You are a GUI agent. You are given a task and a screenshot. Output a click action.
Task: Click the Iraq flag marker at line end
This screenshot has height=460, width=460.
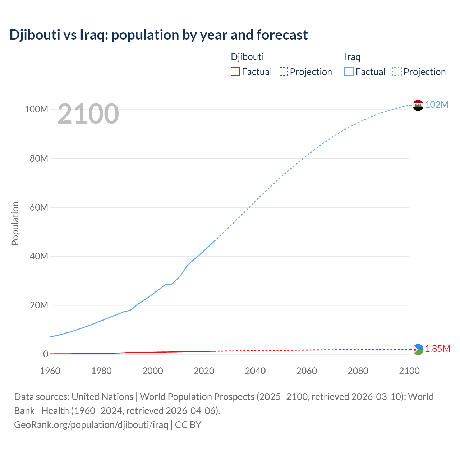tap(418, 105)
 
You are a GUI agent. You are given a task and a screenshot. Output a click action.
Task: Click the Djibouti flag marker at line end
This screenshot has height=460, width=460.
tap(418, 349)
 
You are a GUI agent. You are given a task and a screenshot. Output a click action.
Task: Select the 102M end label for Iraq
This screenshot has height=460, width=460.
tap(437, 105)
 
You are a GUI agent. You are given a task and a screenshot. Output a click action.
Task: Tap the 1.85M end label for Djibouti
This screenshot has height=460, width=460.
tap(438, 349)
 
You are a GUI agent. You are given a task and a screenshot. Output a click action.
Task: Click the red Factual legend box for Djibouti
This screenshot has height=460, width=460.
tap(235, 72)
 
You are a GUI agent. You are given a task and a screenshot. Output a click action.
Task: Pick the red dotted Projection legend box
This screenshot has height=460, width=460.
tap(283, 72)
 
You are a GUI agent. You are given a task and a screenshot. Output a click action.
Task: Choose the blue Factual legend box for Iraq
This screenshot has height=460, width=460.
tap(349, 72)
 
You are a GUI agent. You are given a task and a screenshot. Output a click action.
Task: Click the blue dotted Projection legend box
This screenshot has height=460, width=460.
tap(397, 72)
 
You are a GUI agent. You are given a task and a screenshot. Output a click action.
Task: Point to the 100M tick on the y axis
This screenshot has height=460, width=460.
tap(36, 109)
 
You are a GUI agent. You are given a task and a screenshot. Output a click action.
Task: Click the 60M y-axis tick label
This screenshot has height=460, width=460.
tap(39, 207)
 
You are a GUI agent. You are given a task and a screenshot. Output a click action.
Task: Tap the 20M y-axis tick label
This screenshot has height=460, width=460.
tap(39, 305)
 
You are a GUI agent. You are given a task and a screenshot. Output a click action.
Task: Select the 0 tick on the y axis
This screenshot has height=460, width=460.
tap(46, 354)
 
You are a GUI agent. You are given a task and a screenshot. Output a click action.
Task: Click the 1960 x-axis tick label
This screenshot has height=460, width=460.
tap(50, 371)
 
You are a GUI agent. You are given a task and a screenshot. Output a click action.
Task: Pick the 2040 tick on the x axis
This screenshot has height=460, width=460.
tap(255, 371)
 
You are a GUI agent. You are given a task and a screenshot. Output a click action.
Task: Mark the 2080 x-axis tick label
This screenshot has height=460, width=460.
tap(358, 371)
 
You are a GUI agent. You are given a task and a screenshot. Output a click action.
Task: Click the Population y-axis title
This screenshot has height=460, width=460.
tap(15, 223)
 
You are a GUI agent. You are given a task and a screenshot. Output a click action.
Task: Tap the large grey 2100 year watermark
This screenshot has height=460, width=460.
tap(88, 114)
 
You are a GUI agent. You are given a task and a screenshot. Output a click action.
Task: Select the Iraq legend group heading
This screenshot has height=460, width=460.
tap(352, 57)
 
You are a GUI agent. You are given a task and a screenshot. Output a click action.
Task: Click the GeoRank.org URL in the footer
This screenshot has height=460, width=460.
tap(91, 424)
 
